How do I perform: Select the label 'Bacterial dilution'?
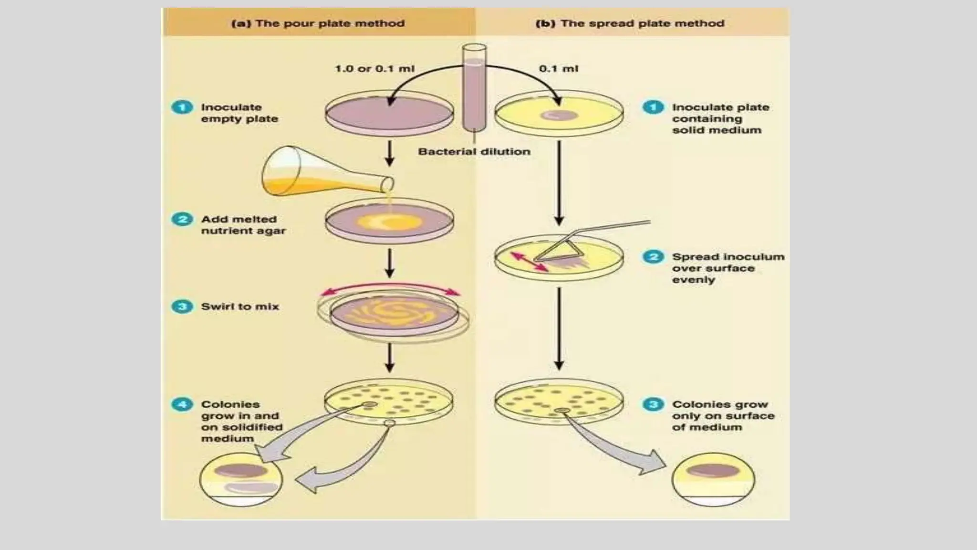(x=474, y=151)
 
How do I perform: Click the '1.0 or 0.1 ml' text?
(x=374, y=69)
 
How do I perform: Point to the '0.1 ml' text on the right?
(x=559, y=69)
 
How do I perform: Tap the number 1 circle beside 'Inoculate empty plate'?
(x=182, y=107)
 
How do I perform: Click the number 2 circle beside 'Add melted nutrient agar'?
(x=182, y=219)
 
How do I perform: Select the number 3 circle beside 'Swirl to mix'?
(x=182, y=306)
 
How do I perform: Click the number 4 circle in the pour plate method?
(x=182, y=404)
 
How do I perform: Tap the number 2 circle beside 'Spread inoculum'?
(x=653, y=257)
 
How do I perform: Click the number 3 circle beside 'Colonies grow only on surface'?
(x=653, y=404)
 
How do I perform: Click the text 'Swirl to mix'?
(x=240, y=307)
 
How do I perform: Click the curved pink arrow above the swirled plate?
(x=390, y=286)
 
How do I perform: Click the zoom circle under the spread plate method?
(x=713, y=479)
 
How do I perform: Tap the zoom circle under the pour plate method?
(x=241, y=479)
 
